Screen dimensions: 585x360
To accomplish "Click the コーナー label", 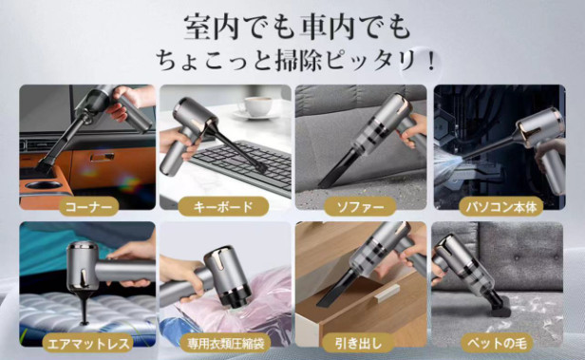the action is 88,206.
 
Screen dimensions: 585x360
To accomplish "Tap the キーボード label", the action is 223,206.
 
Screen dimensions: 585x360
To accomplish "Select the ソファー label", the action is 360,206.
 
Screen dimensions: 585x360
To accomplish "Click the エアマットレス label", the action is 87,343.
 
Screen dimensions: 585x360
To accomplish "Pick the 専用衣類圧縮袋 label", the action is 223,343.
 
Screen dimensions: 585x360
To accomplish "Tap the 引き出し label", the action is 358,343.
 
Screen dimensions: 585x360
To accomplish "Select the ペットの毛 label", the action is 497,343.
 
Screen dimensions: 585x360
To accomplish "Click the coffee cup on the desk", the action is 257,105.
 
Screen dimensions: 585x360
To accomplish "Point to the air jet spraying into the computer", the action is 449,163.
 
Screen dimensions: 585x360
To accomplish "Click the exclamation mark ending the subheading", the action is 432,61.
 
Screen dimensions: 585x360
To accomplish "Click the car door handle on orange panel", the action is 103,157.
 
